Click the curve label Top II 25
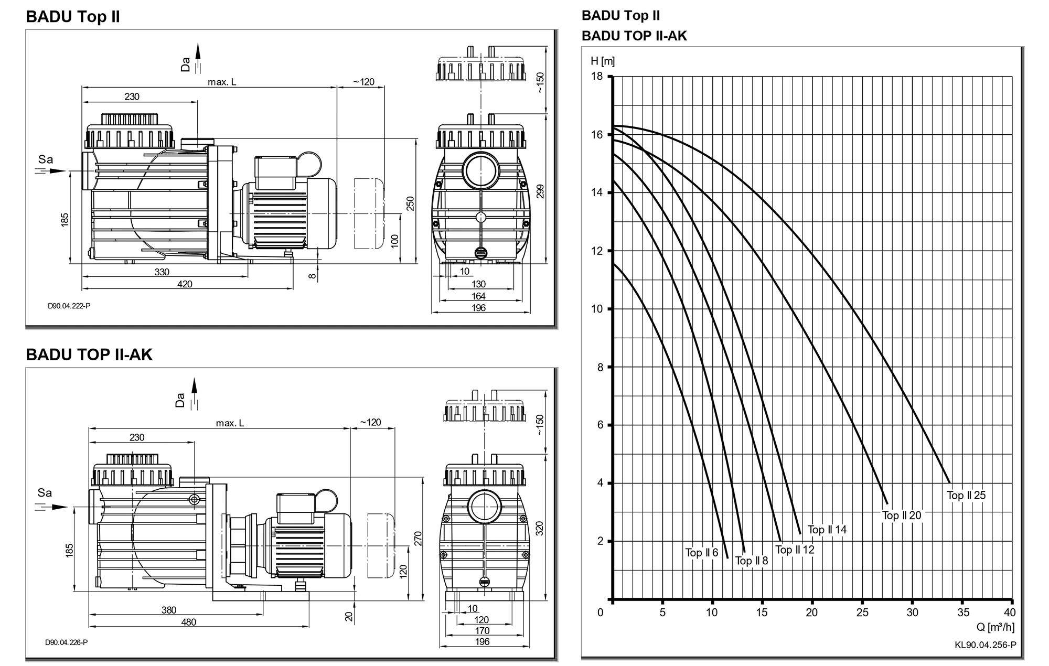click(x=966, y=495)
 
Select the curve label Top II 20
click(x=902, y=515)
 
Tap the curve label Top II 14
click(x=827, y=530)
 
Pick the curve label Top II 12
click(x=795, y=550)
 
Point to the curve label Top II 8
click(x=751, y=561)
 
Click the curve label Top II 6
click(x=701, y=553)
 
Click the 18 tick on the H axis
click(x=597, y=77)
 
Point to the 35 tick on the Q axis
click(x=963, y=612)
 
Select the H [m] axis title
click(x=603, y=61)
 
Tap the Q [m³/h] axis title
click(x=996, y=627)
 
